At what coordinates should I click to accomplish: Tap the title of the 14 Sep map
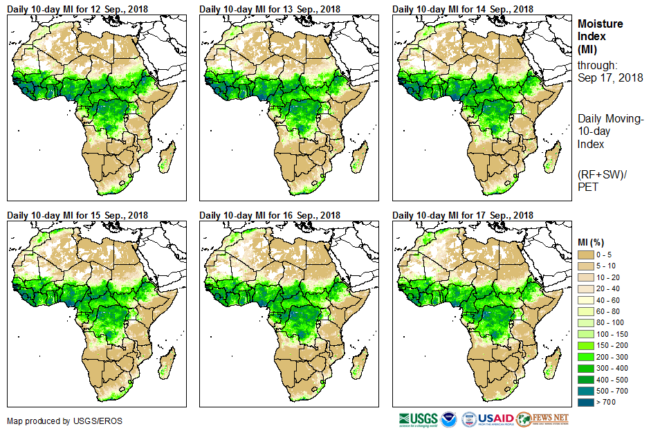click(x=463, y=9)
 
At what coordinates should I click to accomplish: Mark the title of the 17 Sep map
click(x=463, y=215)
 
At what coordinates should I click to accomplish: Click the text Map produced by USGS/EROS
click(x=55, y=421)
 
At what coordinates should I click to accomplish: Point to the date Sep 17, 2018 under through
click(x=610, y=78)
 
